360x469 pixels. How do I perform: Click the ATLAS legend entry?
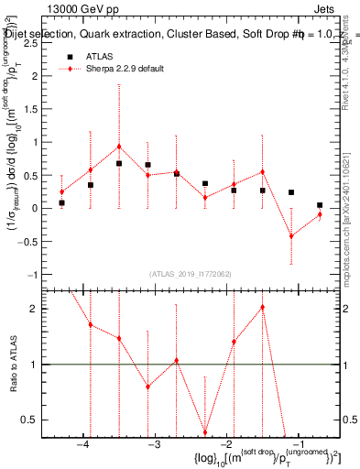(x=100, y=56)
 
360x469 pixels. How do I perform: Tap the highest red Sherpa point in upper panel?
(x=119, y=147)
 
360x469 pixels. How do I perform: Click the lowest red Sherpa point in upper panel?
(x=290, y=236)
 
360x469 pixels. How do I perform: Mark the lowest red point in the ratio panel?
(x=205, y=432)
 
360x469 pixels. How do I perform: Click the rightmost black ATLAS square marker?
(x=320, y=205)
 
